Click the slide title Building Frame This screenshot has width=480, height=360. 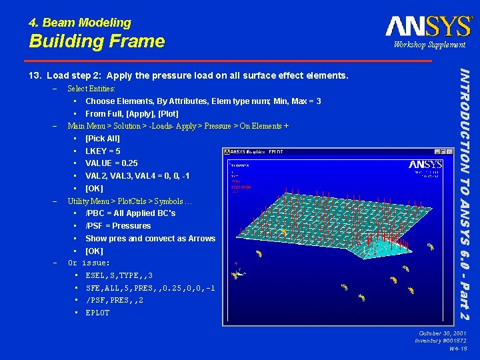[97, 41]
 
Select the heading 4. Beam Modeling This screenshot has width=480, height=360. [80, 23]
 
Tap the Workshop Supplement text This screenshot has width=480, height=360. [429, 45]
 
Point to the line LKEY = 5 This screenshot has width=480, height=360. [103, 151]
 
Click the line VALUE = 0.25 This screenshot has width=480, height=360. [111, 163]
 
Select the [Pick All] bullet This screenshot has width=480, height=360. [102, 139]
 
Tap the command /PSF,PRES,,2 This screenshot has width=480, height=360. [114, 301]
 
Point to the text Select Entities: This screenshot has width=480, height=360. [91, 89]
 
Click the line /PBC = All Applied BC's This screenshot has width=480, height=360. [130, 213]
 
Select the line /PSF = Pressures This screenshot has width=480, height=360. [118, 226]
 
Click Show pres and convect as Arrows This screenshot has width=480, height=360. [150, 239]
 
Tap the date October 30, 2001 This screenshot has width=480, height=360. [443, 333]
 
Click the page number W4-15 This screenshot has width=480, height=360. [457, 349]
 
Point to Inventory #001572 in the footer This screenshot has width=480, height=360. [441, 341]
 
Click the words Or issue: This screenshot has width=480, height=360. [89, 263]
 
